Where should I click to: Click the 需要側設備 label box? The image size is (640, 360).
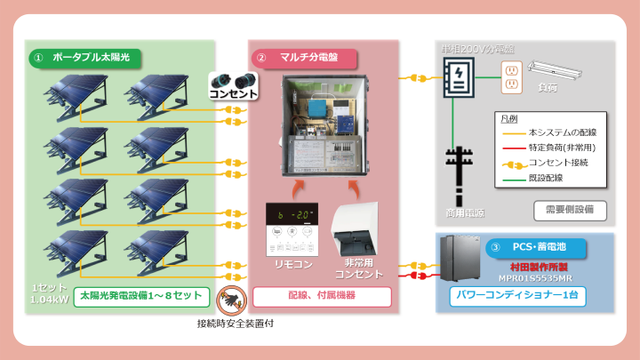[570, 211]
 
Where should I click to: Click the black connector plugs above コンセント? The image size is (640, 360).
[233, 78]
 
